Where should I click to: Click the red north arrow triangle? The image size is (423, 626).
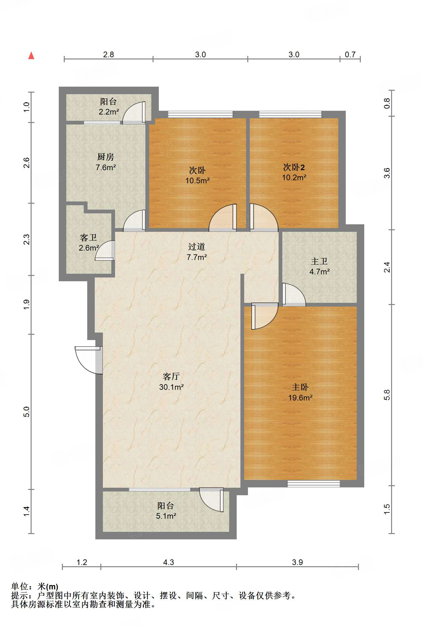click(x=31, y=56)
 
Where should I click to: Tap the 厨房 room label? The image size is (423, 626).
click(x=106, y=156)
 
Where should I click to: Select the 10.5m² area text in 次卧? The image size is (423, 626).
click(x=197, y=181)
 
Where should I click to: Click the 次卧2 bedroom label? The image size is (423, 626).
click(x=294, y=167)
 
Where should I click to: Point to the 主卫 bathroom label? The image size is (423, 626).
click(x=319, y=261)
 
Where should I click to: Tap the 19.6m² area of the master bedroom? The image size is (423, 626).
click(x=300, y=398)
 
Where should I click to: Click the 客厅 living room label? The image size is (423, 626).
click(x=171, y=376)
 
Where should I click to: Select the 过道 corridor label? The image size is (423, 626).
click(x=196, y=247)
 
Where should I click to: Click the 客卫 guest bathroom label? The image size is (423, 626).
click(x=88, y=238)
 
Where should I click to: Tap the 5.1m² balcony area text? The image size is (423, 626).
click(x=166, y=516)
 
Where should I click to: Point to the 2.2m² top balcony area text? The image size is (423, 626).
click(x=108, y=112)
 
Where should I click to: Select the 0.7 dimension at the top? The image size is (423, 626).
click(x=350, y=55)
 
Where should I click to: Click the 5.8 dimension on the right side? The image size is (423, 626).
click(x=387, y=395)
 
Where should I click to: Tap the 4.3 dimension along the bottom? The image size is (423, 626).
click(x=168, y=562)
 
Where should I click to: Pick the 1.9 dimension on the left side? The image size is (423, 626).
click(x=27, y=304)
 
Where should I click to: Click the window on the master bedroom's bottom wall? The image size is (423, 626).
click(x=313, y=484)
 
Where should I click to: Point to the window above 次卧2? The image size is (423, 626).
click(x=290, y=114)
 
